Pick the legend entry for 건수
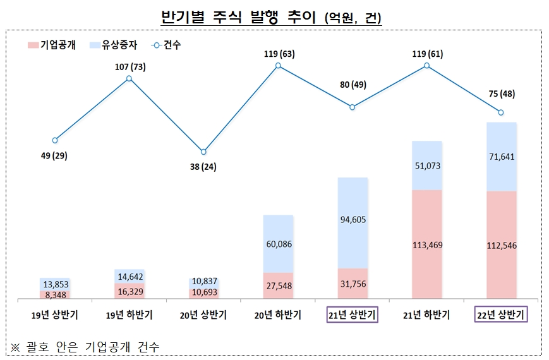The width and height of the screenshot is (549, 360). click(166, 45)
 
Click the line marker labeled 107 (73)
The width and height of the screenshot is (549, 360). click(129, 78)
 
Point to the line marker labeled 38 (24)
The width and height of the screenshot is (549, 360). click(203, 152)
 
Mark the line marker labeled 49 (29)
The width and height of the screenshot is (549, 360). click(55, 140)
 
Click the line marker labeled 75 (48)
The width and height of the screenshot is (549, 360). click(501, 112)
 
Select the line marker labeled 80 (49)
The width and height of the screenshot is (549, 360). click(353, 107)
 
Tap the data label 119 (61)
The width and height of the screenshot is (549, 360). click(426, 54)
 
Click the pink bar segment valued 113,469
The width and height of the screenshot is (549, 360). click(426, 244)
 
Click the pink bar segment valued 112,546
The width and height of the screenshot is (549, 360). click(501, 244)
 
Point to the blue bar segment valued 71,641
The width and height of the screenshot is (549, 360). click(501, 157)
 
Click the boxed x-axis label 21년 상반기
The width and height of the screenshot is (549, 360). click(353, 315)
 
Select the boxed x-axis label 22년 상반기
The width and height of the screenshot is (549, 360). click(501, 315)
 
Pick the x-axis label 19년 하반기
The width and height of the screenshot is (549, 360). click(129, 315)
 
